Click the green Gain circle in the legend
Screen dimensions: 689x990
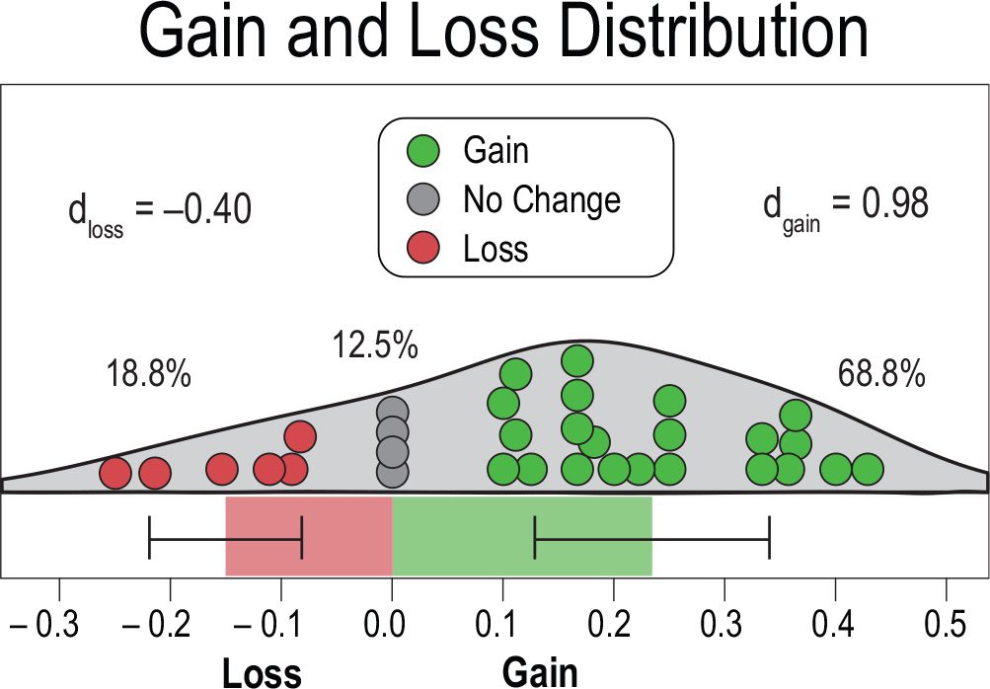pos(421,151)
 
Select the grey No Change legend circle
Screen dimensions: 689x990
pos(421,200)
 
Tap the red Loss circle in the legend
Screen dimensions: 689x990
pos(421,248)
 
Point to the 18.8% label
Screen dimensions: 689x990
pos(147,375)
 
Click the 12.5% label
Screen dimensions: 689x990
pos(373,346)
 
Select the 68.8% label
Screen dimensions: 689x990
pos(881,375)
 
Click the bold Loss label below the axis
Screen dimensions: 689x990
pos(262,672)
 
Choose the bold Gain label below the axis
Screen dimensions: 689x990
pos(540,672)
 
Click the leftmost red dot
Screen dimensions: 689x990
pos(115,474)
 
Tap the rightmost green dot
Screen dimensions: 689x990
pos(868,470)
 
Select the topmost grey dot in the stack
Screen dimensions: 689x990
pos(392,412)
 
